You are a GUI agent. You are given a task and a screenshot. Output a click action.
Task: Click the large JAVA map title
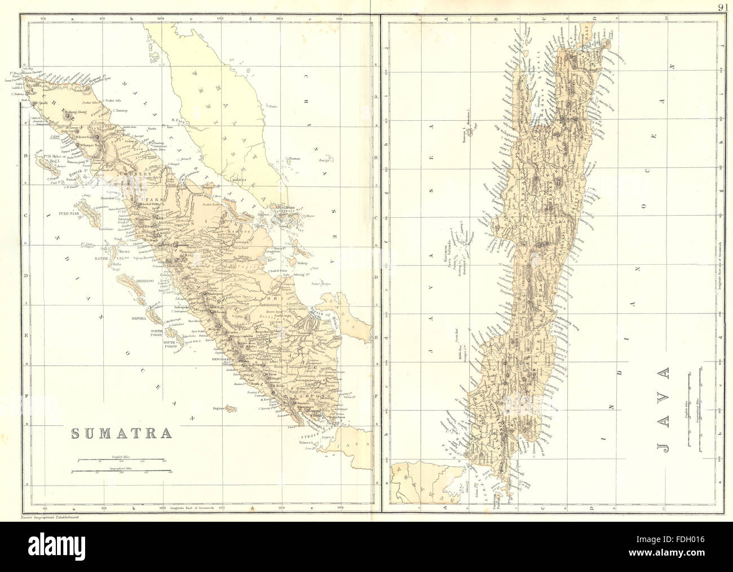pos(663,411)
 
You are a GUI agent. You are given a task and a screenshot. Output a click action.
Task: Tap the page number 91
pos(724,7)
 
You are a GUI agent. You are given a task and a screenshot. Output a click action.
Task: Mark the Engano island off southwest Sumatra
pos(229,408)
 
